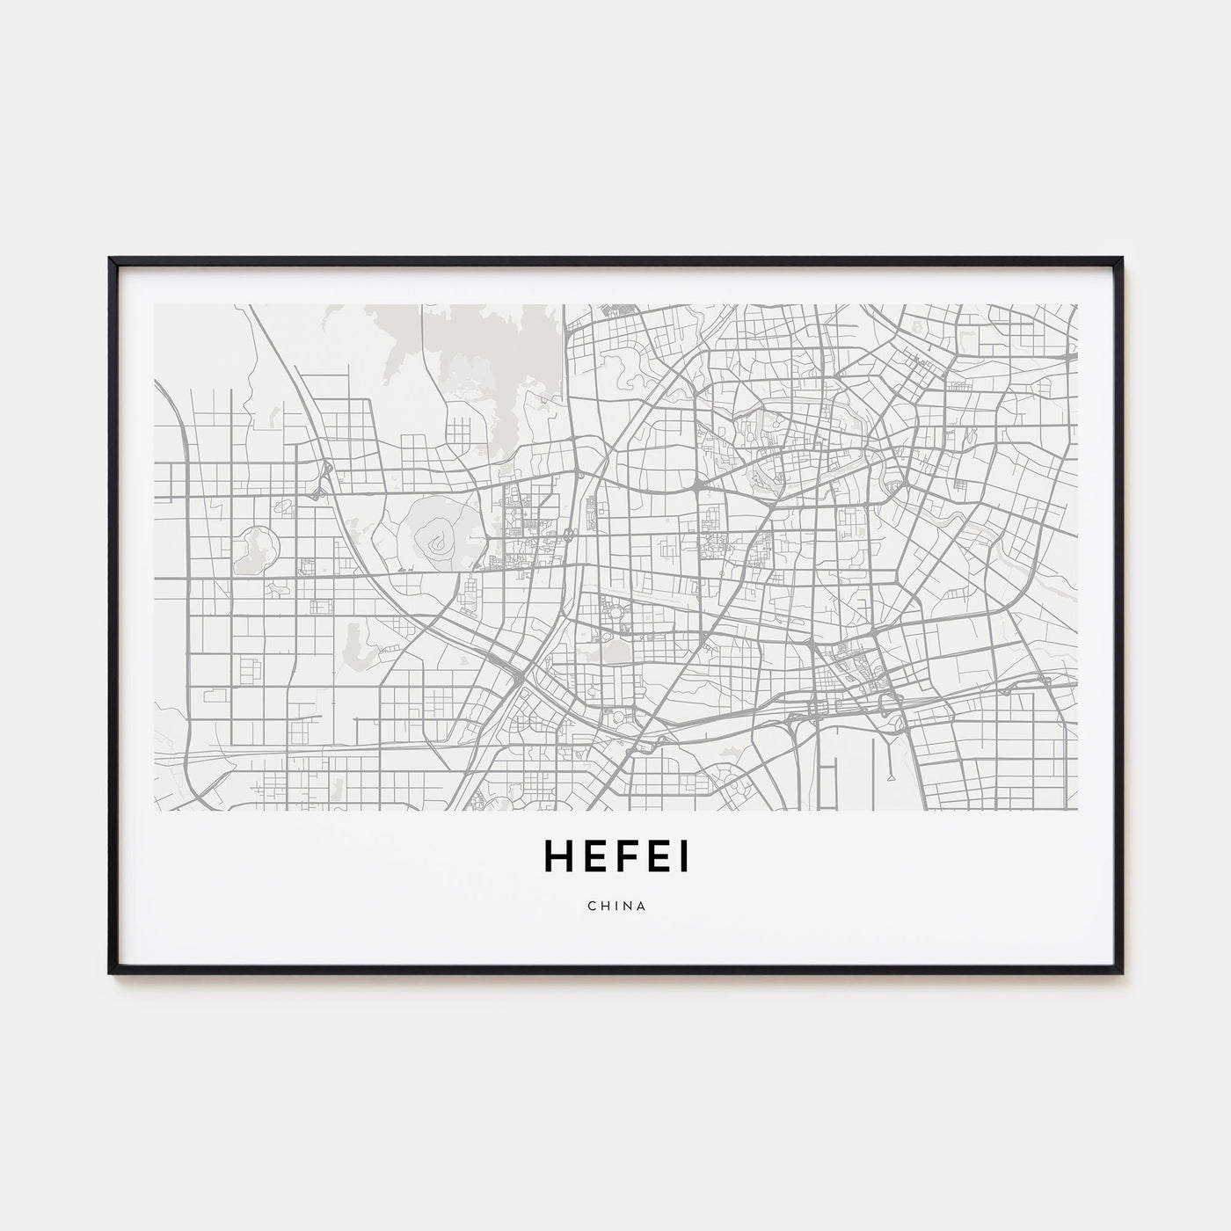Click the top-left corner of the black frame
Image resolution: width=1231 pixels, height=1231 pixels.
tap(110, 259)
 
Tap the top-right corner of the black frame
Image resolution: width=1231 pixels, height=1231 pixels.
tap(1122, 259)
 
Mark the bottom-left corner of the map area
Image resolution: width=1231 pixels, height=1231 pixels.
tap(155, 810)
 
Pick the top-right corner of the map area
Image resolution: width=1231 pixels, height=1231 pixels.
tap(1076, 305)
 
